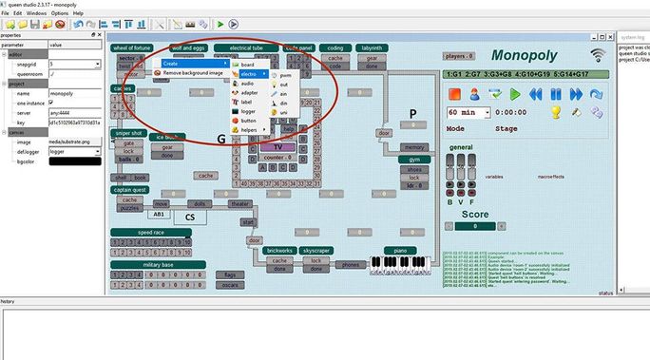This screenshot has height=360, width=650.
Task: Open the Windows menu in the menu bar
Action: (36, 14)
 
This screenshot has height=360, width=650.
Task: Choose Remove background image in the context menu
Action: (193, 72)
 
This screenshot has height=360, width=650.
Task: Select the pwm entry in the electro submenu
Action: (284, 72)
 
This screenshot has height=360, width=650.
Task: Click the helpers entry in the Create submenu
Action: (248, 131)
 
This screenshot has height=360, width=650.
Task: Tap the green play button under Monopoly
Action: (514, 94)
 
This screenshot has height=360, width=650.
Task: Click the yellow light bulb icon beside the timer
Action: (557, 112)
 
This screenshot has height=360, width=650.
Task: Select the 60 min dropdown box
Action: (467, 112)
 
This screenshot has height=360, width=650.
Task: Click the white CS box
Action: (189, 217)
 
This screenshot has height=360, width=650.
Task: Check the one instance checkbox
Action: (52, 76)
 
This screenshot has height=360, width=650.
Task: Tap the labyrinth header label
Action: (372, 47)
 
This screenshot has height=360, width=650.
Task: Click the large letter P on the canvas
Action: (413, 114)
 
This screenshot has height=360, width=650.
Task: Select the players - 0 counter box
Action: (459, 57)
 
